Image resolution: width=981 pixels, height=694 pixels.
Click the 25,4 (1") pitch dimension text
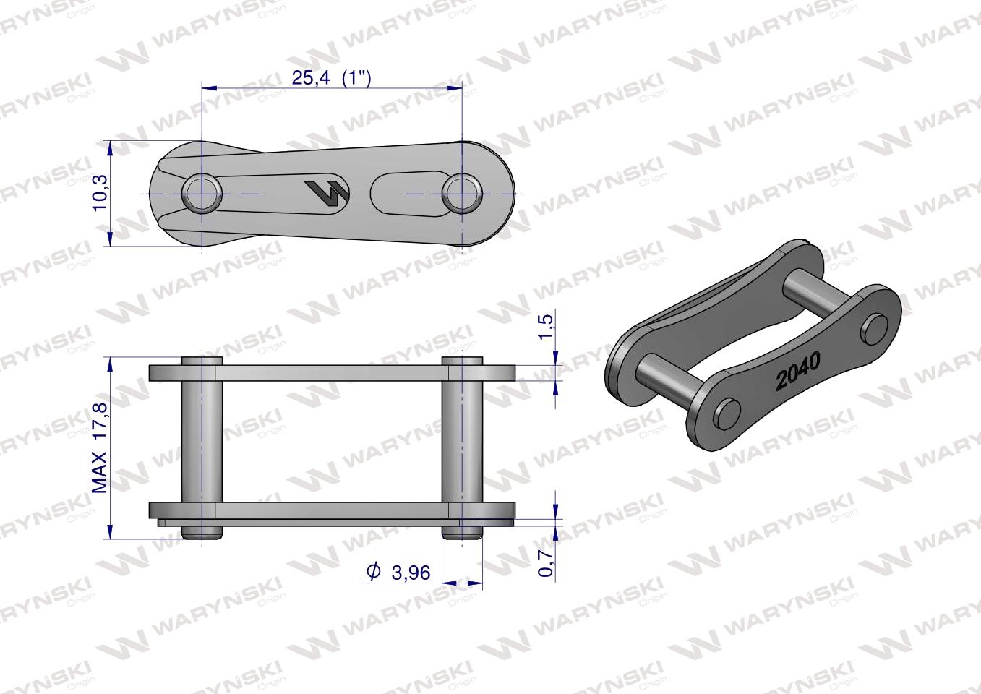[332, 78]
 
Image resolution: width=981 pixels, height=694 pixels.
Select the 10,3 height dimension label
[100, 193]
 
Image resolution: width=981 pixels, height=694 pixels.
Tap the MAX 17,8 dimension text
[100, 448]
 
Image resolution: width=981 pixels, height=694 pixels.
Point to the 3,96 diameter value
[411, 573]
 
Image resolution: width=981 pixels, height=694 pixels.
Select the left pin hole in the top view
[202, 193]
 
